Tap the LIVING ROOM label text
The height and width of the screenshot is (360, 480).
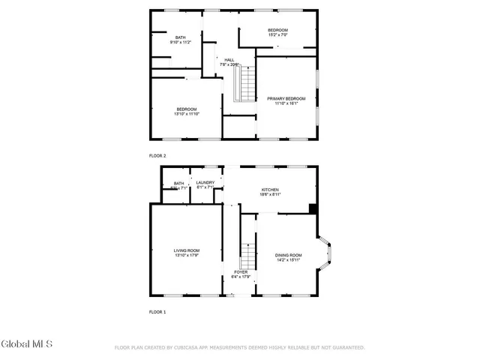tap(187, 250)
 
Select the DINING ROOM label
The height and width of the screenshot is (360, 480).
tap(288, 256)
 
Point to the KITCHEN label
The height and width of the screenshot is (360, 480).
tap(270, 190)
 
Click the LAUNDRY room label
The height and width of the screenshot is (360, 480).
tap(205, 182)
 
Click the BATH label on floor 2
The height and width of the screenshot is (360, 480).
tap(181, 37)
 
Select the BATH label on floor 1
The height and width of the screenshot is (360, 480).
tap(178, 183)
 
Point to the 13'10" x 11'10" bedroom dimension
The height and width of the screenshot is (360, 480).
tap(187, 114)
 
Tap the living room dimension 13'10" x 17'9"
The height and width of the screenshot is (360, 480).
tap(187, 256)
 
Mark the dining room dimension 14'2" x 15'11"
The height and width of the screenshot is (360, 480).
tap(288, 261)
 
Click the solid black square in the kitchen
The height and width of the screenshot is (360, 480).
tap(313, 208)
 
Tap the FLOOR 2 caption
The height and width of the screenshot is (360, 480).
tap(157, 155)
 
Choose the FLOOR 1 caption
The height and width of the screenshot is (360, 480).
tap(157, 311)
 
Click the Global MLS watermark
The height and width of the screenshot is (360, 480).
tap(27, 344)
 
